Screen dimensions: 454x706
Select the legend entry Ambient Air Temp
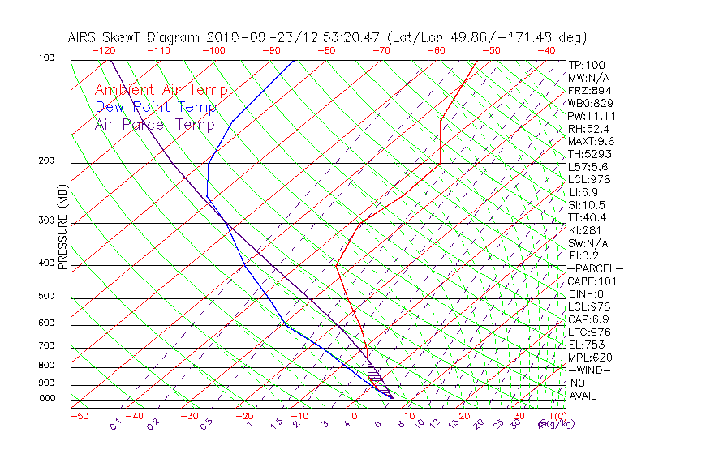[161, 90]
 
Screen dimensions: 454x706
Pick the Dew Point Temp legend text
[156, 107]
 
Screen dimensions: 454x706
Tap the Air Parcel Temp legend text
[154, 124]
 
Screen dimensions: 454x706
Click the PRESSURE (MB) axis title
[63, 227]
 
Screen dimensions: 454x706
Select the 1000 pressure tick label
[45, 399]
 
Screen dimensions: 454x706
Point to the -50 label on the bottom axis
[79, 416]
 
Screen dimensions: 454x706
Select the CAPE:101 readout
[592, 281]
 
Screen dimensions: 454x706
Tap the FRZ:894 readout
[589, 91]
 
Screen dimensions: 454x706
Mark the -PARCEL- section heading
[595, 268]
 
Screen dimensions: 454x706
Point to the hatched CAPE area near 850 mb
[375, 377]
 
